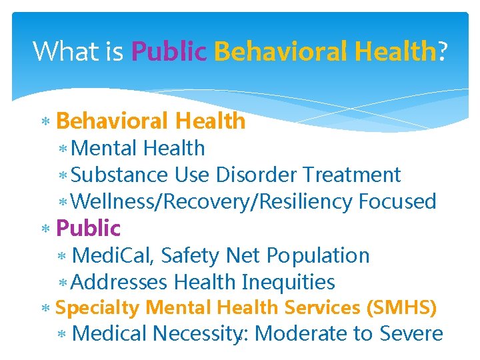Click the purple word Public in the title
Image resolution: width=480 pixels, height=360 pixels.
pos(169,51)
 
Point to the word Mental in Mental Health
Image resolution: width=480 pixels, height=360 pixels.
pos(104,148)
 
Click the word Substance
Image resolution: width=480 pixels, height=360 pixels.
pos(120,175)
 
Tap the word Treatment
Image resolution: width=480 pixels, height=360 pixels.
pos(351,175)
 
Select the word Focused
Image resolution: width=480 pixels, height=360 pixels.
pos(397,201)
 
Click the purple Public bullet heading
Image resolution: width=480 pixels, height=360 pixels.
pos(88,229)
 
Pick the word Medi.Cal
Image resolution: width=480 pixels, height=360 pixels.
pos(113,255)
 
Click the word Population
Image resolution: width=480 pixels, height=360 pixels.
pos(317,255)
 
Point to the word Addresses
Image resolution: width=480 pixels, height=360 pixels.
pos(119,282)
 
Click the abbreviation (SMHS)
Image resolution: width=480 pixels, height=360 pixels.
pos(401,308)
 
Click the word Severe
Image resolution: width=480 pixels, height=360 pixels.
pos(411,333)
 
